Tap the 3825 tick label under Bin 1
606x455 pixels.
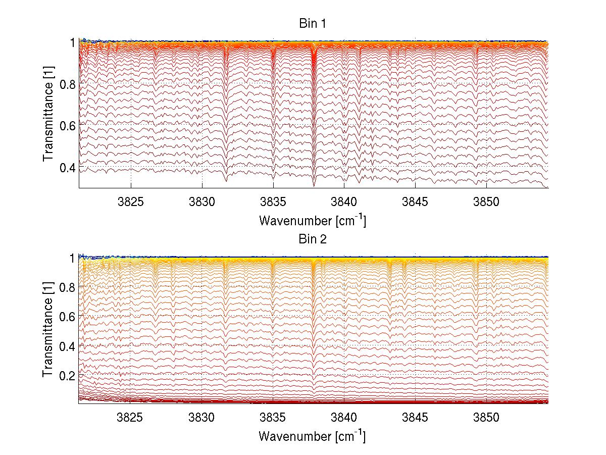tap(131, 201)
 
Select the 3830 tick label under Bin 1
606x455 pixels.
tap(202, 201)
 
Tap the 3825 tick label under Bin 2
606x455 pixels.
tap(131, 417)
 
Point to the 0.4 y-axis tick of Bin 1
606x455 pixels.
tap(67, 167)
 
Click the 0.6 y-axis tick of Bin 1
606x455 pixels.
tap(67, 125)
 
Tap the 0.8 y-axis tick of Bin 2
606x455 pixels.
tap(67, 287)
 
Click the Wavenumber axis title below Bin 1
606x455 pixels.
tap(312, 221)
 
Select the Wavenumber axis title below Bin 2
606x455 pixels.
tap(312, 436)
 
